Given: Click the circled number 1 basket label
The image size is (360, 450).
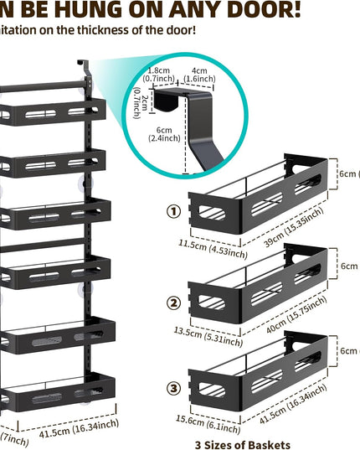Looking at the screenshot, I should click(174, 211).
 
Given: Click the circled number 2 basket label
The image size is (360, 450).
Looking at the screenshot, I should click(174, 303).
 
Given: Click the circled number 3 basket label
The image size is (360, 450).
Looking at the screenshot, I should click(174, 388).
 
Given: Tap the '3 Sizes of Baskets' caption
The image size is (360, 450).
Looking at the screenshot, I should click(242, 444).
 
